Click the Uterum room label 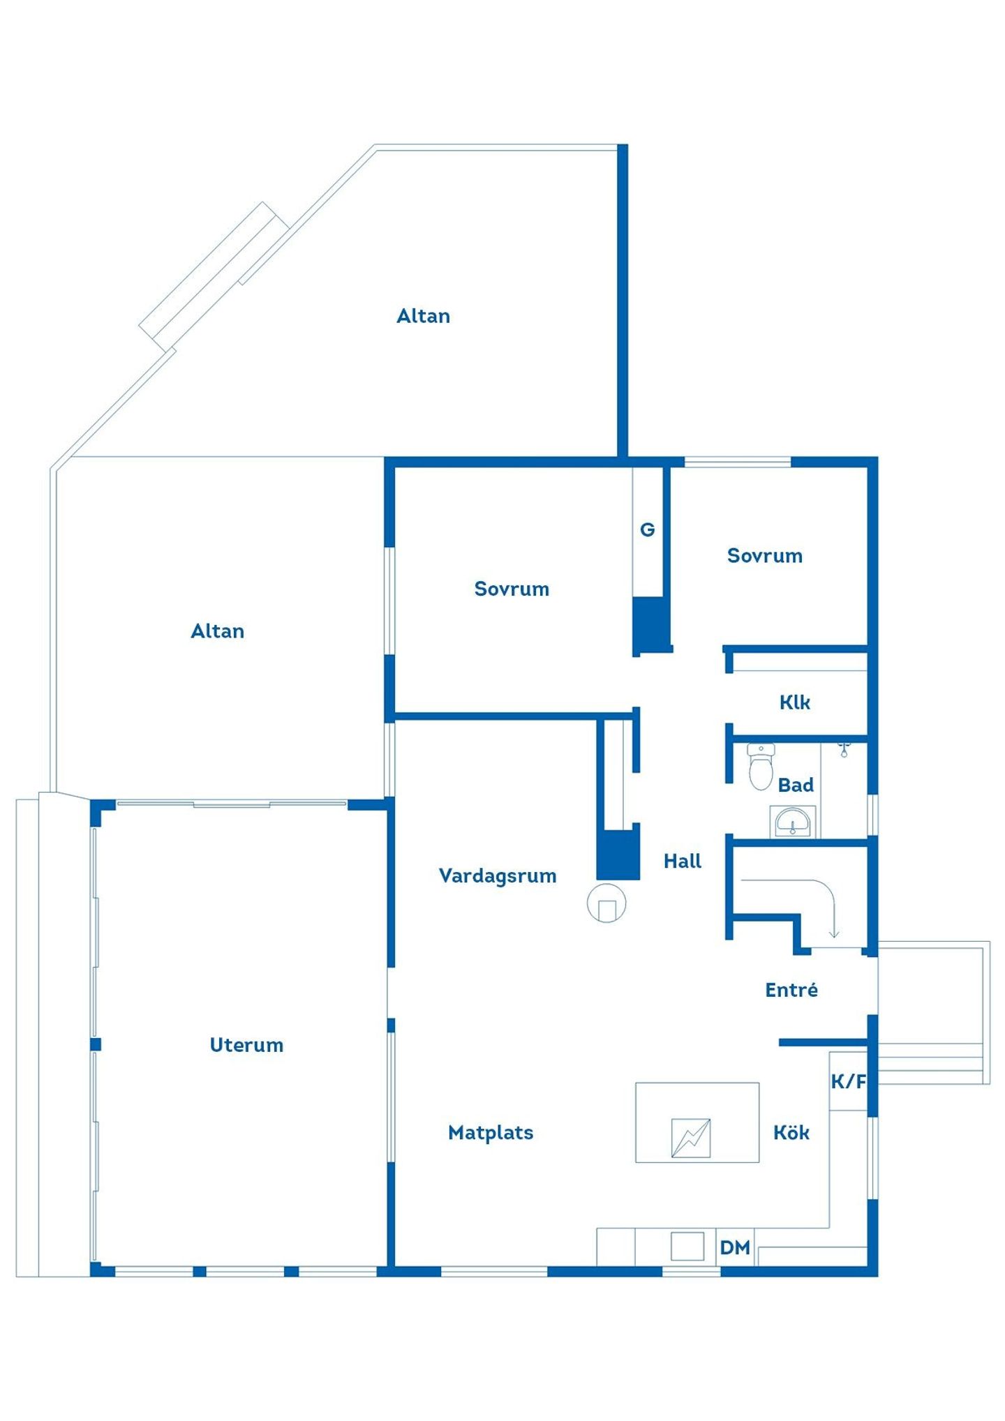[x=246, y=1044]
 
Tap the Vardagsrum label [x=498, y=876]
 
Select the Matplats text [x=491, y=1132]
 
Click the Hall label [x=683, y=861]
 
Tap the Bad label [x=796, y=785]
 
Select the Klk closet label [x=795, y=702]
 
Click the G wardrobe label [x=648, y=529]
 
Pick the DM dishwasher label [x=735, y=1247]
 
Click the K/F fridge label [x=848, y=1081]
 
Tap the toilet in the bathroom [x=761, y=767]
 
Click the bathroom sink [x=793, y=822]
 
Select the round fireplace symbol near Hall [x=606, y=903]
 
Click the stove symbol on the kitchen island [x=691, y=1138]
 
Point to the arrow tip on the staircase [x=833, y=937]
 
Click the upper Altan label [x=423, y=316]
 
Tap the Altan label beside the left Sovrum [x=218, y=631]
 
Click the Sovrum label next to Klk [x=765, y=555]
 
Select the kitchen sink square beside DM [x=687, y=1246]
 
